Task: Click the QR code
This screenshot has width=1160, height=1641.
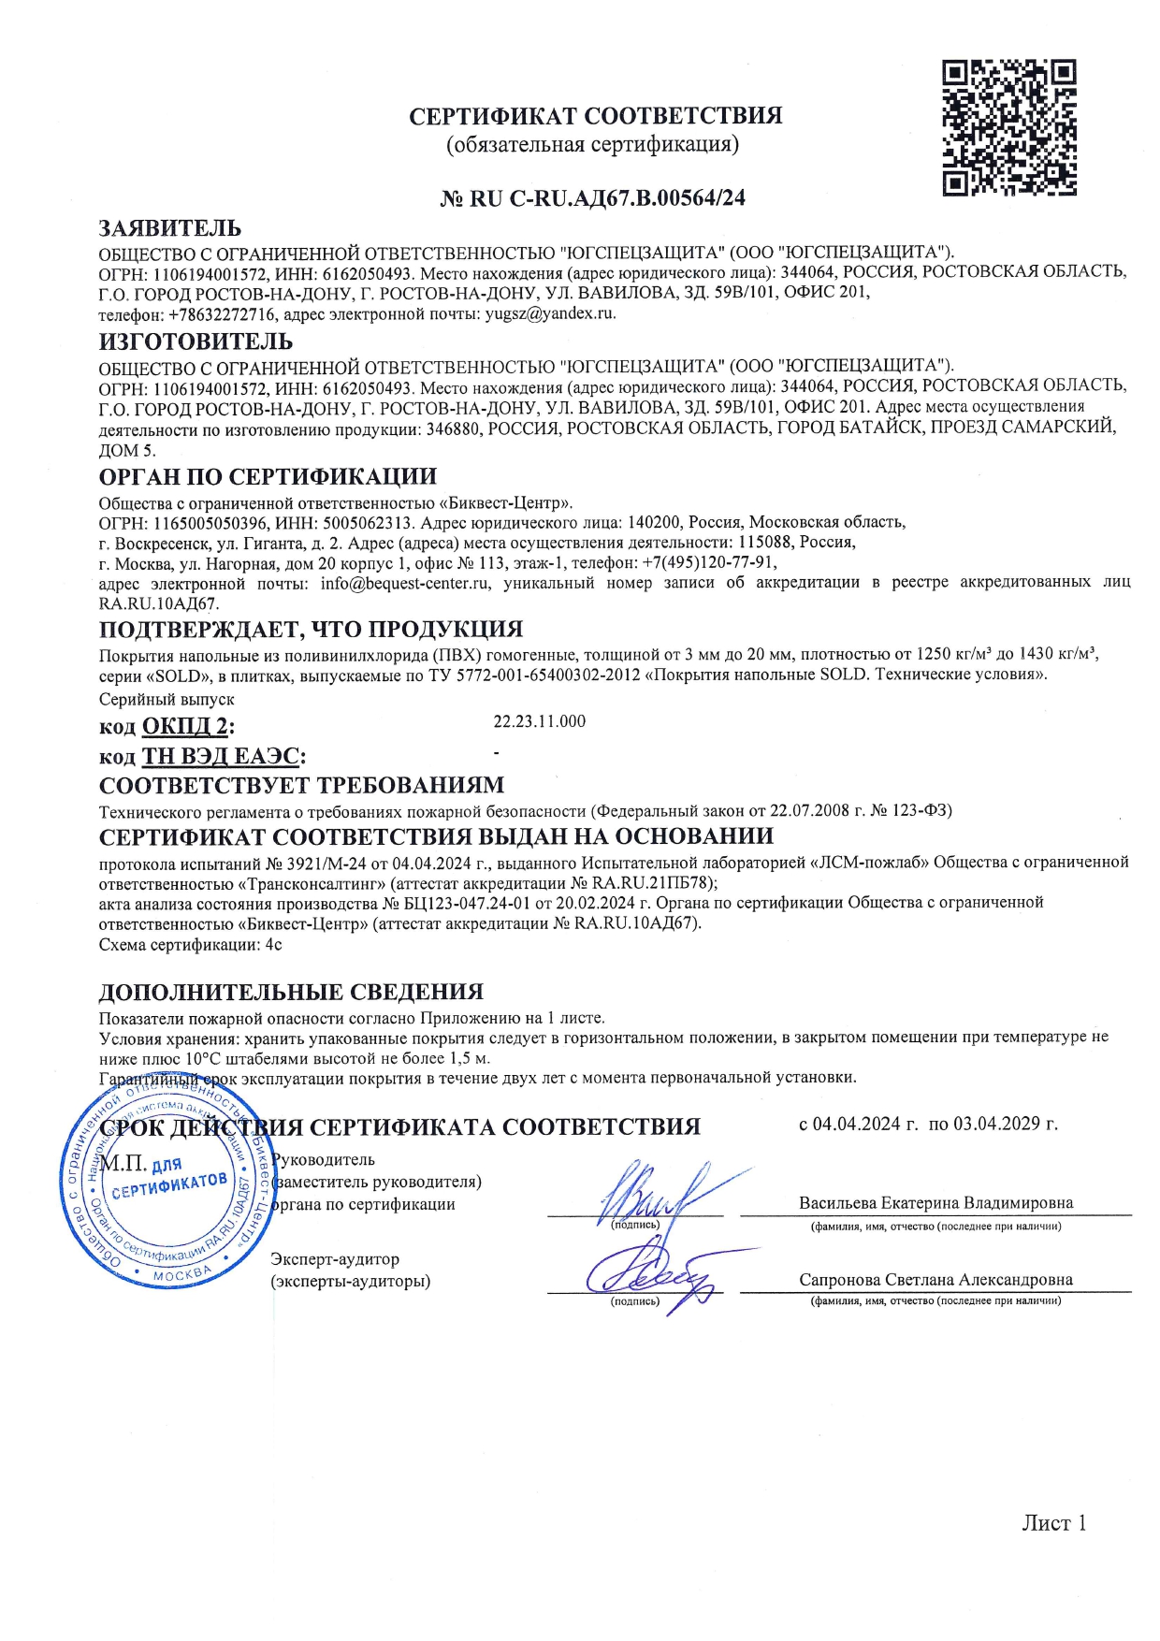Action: tap(1008, 127)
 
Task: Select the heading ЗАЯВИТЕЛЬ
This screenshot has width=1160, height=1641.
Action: tap(170, 228)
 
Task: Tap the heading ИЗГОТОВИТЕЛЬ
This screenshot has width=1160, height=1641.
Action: tap(196, 341)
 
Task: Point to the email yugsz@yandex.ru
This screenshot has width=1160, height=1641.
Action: tap(550, 313)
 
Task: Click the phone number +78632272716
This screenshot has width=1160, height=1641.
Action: tap(222, 313)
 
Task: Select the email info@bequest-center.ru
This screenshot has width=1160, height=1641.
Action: tap(405, 583)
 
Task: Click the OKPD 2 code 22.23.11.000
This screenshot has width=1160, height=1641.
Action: tap(540, 721)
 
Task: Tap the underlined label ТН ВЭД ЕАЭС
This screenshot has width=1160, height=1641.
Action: tap(221, 756)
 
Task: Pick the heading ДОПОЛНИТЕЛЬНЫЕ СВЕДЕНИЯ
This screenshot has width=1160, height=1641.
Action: tap(291, 992)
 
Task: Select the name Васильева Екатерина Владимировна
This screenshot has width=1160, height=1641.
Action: tap(935, 1203)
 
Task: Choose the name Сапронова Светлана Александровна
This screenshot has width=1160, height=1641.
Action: tap(935, 1280)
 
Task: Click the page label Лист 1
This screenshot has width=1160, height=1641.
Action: tap(1053, 1523)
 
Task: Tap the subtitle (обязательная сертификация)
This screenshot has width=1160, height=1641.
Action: tap(592, 145)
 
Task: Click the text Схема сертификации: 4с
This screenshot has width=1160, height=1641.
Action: tap(191, 945)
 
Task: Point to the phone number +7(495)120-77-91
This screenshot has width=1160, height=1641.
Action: tap(709, 563)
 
